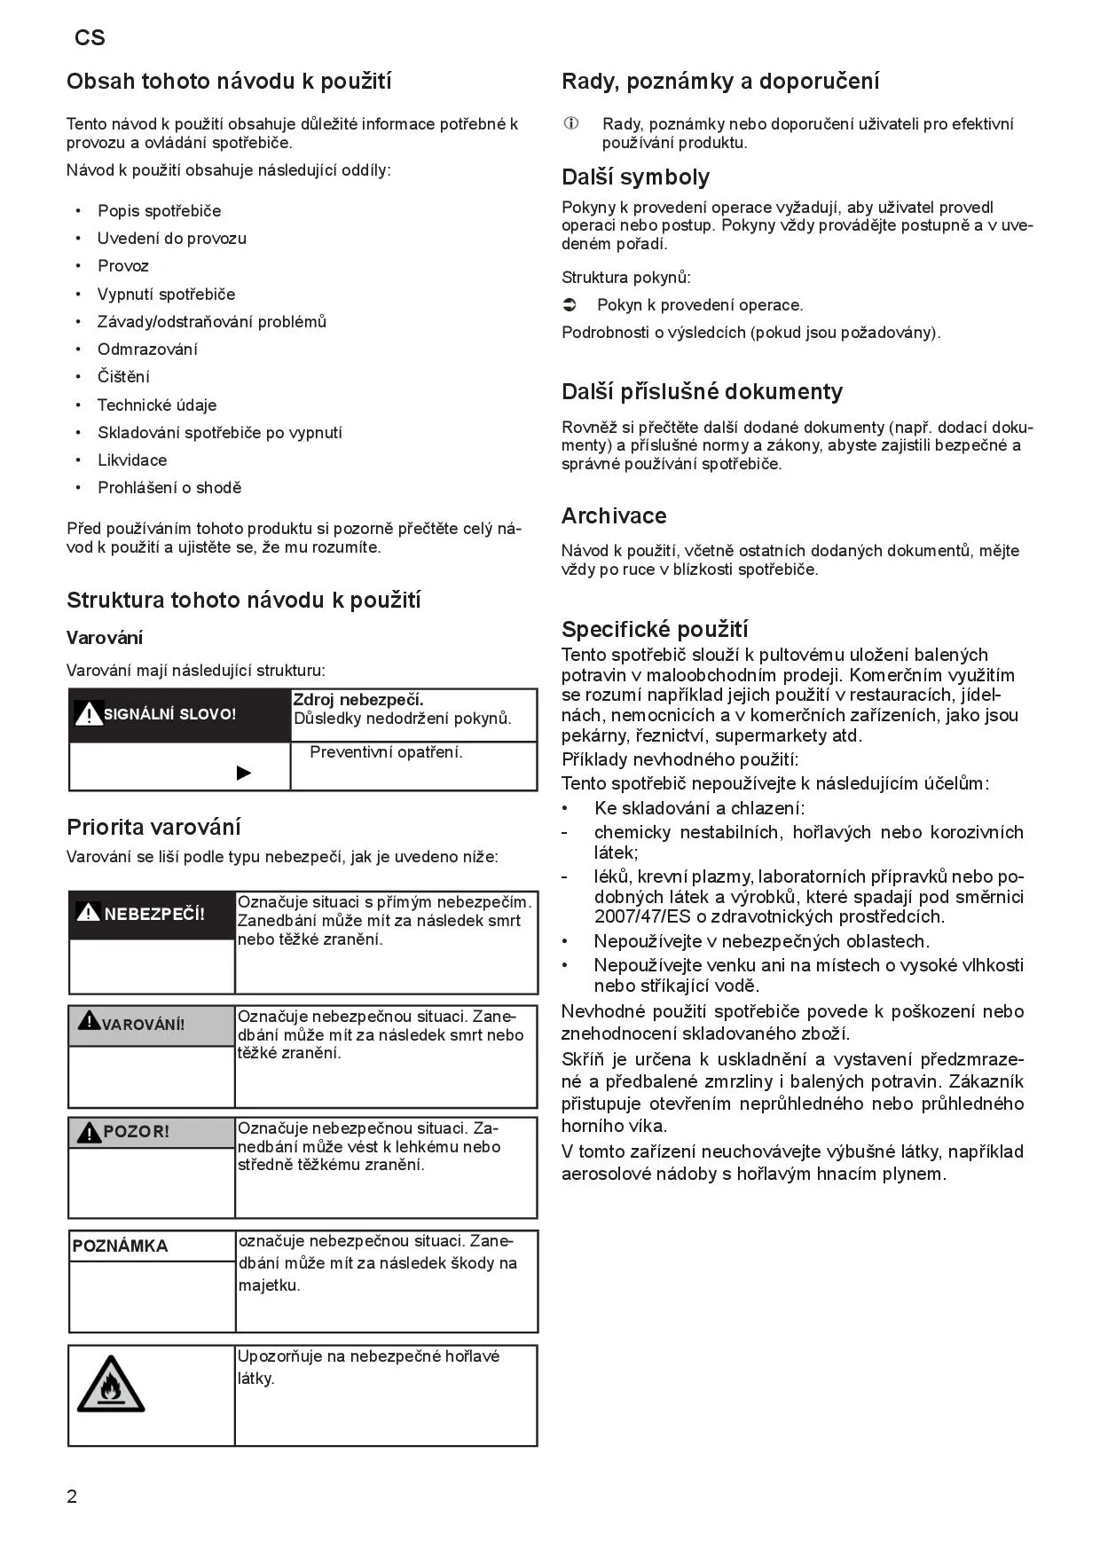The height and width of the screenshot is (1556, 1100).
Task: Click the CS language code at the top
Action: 90,37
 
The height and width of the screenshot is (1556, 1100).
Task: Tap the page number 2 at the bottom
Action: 72,1496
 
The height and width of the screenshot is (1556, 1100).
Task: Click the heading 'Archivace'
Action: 613,515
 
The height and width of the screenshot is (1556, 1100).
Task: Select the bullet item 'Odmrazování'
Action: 147,349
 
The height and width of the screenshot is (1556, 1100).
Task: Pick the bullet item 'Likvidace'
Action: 132,460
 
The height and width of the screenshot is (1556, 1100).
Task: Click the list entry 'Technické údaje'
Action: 157,405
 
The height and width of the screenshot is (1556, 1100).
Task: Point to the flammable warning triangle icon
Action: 110,1385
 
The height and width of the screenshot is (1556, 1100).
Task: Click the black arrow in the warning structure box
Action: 244,773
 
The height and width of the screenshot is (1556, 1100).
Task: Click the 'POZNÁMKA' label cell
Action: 120,1246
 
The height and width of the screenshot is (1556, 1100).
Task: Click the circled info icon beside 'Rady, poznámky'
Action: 571,123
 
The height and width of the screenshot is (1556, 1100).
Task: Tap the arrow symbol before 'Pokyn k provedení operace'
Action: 570,305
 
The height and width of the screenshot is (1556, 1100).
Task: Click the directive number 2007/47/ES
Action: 636,916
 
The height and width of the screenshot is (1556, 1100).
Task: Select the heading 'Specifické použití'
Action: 655,629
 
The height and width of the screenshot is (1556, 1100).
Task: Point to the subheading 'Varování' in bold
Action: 105,638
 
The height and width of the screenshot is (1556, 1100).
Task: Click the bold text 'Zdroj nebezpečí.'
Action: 358,700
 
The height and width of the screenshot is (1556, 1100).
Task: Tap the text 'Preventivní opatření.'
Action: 386,752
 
